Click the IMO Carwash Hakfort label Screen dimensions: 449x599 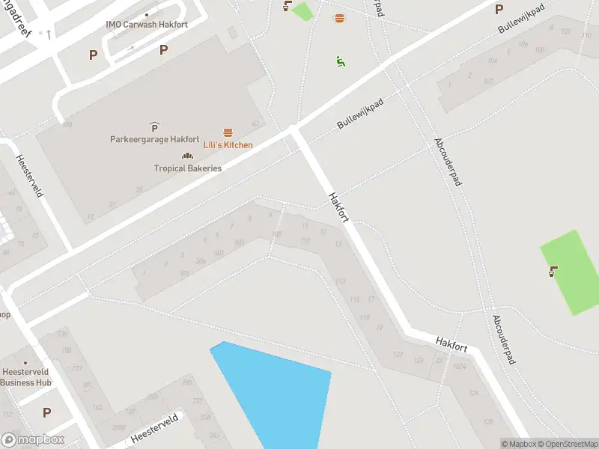pos(147,25)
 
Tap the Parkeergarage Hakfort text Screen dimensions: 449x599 pos(154,139)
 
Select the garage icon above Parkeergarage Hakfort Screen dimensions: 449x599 pos(154,126)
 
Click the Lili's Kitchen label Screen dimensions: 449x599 pos(228,145)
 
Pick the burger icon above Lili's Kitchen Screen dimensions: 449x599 pos(228,132)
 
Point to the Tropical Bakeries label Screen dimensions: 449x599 pos(188,168)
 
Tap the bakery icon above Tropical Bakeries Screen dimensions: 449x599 pos(188,156)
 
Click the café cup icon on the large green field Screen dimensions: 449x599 pos(553,272)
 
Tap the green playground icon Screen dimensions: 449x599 pos(341,61)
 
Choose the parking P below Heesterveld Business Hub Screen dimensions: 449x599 pos(46,412)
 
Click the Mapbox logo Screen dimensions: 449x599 pos(33,440)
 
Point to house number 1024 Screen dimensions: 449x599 pos(459,367)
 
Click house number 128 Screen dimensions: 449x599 pos(489,422)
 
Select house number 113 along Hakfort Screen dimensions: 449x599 pos(341,281)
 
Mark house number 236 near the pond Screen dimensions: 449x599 pos(186,382)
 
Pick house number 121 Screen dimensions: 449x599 pos(398,354)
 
